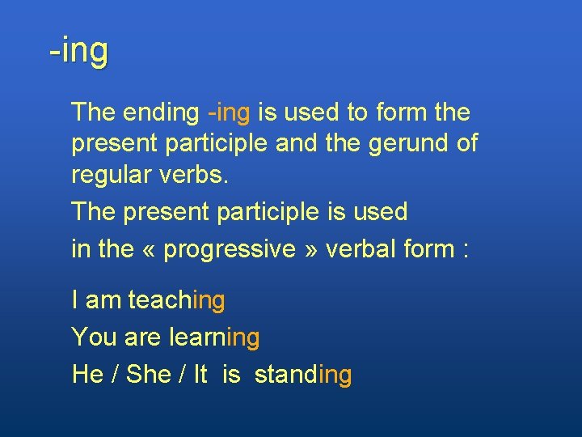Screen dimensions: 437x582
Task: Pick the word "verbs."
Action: (x=197, y=174)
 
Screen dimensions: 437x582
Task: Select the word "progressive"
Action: (x=230, y=250)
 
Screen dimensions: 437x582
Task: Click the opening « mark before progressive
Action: (x=150, y=250)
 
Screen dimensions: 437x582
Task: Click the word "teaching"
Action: (x=176, y=301)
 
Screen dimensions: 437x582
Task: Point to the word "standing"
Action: (x=303, y=375)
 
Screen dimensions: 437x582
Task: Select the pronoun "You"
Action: (x=94, y=337)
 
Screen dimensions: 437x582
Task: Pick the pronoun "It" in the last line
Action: (x=200, y=375)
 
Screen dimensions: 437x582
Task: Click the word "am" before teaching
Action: (x=103, y=301)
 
